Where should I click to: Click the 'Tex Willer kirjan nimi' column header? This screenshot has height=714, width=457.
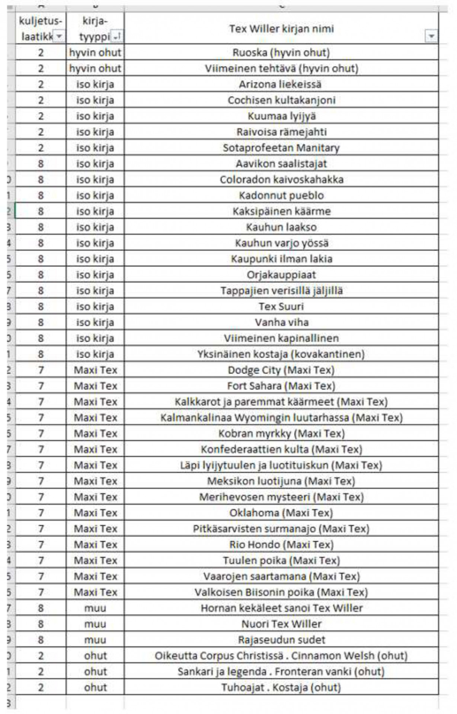coord(281,29)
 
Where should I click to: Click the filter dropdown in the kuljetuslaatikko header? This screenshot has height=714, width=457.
coord(59,36)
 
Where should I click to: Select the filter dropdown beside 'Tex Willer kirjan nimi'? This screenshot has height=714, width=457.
coord(431,36)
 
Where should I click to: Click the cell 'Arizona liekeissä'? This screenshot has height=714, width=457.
coord(281,84)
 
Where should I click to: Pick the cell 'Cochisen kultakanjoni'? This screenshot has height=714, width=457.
coord(281,100)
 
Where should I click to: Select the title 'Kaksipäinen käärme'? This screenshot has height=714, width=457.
coord(281,212)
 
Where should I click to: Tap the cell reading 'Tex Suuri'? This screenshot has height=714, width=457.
coord(281,307)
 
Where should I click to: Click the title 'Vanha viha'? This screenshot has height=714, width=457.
coord(281,322)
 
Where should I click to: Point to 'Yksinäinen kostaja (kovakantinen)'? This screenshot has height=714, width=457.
coord(281,354)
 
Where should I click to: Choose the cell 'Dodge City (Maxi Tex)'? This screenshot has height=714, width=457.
coord(281,370)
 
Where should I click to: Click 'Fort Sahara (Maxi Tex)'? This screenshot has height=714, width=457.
coord(281,386)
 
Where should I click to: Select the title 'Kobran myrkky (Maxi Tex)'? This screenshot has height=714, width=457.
coord(281,434)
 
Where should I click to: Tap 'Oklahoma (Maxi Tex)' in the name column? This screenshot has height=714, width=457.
coord(281,513)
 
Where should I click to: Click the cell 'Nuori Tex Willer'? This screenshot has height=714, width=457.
coord(281,624)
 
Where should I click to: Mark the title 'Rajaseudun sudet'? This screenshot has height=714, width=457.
coord(281,640)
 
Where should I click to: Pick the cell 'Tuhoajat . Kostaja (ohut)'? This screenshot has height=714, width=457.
coord(281,688)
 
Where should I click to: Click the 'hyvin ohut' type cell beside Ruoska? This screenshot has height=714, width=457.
coord(95,53)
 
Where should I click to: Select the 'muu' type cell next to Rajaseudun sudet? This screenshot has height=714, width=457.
coord(95,640)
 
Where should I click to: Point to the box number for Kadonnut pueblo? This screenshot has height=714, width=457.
coord(41,196)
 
